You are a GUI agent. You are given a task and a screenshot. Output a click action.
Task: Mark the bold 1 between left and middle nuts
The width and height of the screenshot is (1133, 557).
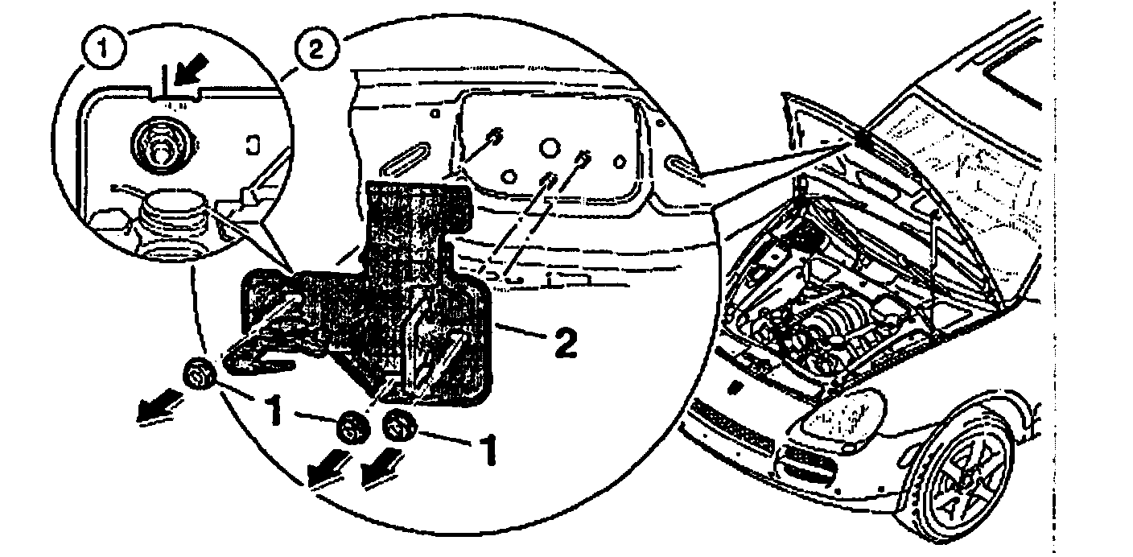click(274, 411)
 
